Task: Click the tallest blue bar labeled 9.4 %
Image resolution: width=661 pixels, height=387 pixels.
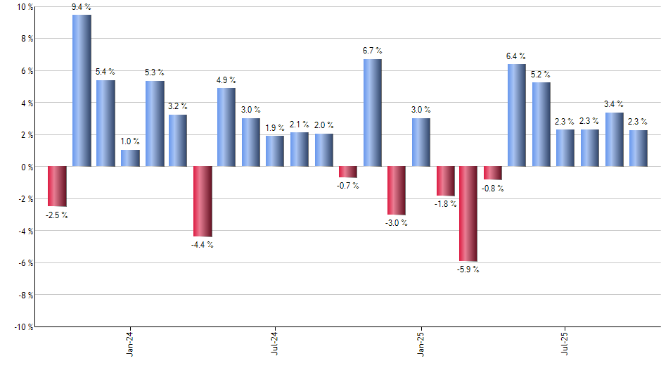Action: tap(82, 91)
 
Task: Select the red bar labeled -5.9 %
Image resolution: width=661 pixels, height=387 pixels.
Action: tap(468, 214)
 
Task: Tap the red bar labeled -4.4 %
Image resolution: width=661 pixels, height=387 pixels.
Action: tap(203, 201)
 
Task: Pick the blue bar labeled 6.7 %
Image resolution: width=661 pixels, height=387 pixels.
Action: tap(373, 113)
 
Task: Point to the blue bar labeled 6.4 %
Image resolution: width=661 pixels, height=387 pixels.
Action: tap(517, 115)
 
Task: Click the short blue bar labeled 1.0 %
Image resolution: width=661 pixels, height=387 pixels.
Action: tap(130, 158)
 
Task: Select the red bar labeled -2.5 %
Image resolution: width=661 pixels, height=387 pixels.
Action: tap(57, 186)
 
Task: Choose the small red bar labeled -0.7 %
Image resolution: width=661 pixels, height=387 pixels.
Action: tap(348, 172)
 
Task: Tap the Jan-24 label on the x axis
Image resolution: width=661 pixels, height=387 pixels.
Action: tap(130, 345)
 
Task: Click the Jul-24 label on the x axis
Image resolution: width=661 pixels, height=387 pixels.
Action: tap(275, 345)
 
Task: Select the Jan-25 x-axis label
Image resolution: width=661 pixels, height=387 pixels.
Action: tap(421, 345)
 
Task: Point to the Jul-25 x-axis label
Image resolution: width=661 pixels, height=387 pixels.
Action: tap(566, 345)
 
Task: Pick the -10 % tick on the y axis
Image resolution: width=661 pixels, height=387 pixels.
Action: tap(23, 327)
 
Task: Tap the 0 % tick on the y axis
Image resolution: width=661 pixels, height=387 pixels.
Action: tap(27, 167)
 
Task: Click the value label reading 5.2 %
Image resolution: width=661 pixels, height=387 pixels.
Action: tap(541, 75)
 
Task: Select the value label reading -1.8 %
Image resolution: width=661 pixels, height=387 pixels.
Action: tap(444, 204)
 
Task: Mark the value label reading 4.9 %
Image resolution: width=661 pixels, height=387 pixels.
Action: tap(226, 80)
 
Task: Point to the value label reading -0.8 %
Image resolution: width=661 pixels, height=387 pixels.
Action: tap(493, 189)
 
